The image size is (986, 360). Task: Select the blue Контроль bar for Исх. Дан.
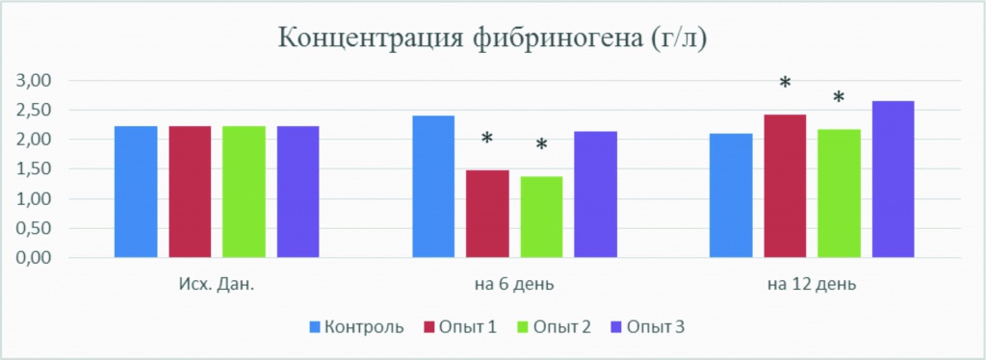[x=136, y=192]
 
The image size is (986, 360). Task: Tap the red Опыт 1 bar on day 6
[x=487, y=214]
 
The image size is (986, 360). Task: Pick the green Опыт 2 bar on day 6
[x=541, y=217]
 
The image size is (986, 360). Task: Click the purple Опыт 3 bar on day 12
[x=893, y=179]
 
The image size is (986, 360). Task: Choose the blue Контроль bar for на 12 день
[x=731, y=195]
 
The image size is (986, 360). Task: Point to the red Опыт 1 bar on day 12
[x=785, y=186]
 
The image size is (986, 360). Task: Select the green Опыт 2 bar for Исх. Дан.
[x=244, y=192]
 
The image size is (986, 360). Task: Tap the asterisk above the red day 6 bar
[x=487, y=140]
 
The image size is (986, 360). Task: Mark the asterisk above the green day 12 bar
[x=839, y=97]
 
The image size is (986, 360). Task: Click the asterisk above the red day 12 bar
[x=785, y=84]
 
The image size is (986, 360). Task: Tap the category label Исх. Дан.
[x=217, y=285]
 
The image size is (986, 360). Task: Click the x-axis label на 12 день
[x=812, y=285]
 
